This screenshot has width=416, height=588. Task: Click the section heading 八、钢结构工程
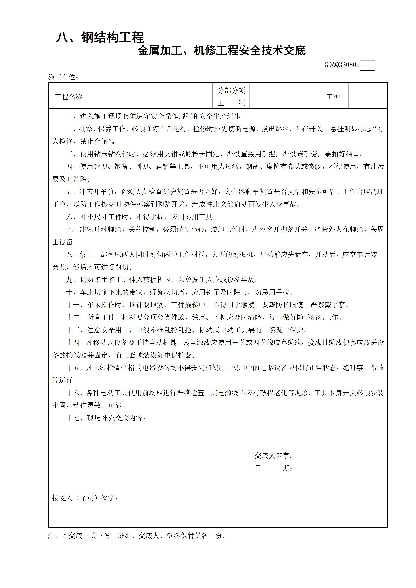[100, 37]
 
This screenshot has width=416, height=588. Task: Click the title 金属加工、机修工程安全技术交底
[222, 51]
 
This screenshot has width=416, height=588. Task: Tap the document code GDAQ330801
[342, 65]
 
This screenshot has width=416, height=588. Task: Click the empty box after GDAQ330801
[367, 66]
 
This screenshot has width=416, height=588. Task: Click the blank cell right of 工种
[368, 96]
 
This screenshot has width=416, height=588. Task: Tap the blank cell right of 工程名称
[151, 96]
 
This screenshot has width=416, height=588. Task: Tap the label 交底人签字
[273, 456]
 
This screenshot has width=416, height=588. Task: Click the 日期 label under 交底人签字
[273, 468]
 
